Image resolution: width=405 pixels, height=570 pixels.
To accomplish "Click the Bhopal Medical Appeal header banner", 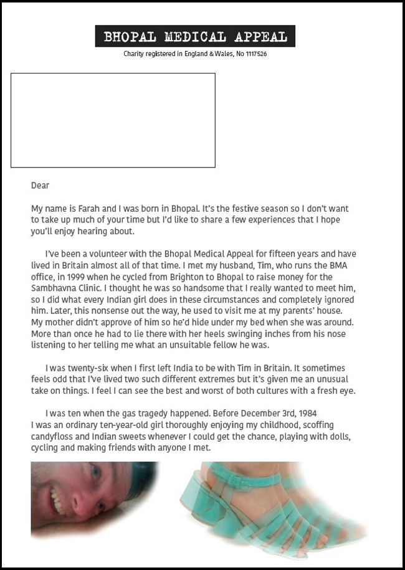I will tap(195, 37).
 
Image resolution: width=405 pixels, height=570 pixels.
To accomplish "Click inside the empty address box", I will tap(113, 120).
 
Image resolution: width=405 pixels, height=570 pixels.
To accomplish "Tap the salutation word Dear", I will tap(40, 186).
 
